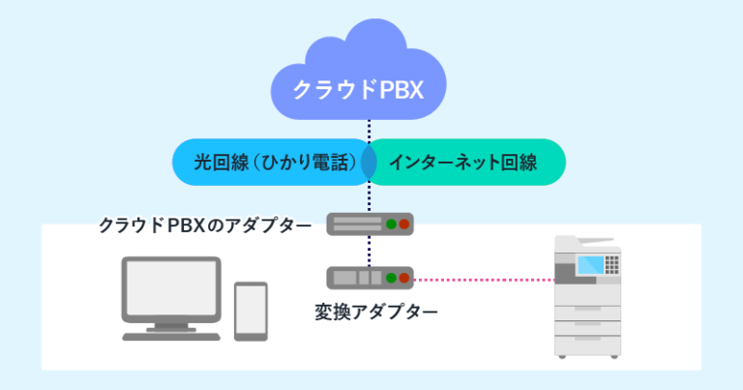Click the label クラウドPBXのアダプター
(205, 225)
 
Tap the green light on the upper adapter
(391, 225)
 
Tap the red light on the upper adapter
(404, 225)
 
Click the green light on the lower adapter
(391, 279)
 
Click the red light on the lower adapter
(404, 279)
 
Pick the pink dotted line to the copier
(484, 280)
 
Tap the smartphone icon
(252, 311)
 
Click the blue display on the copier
(589, 261)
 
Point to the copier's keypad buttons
(612, 261)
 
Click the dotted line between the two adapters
(369, 252)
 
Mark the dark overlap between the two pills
(369, 163)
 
